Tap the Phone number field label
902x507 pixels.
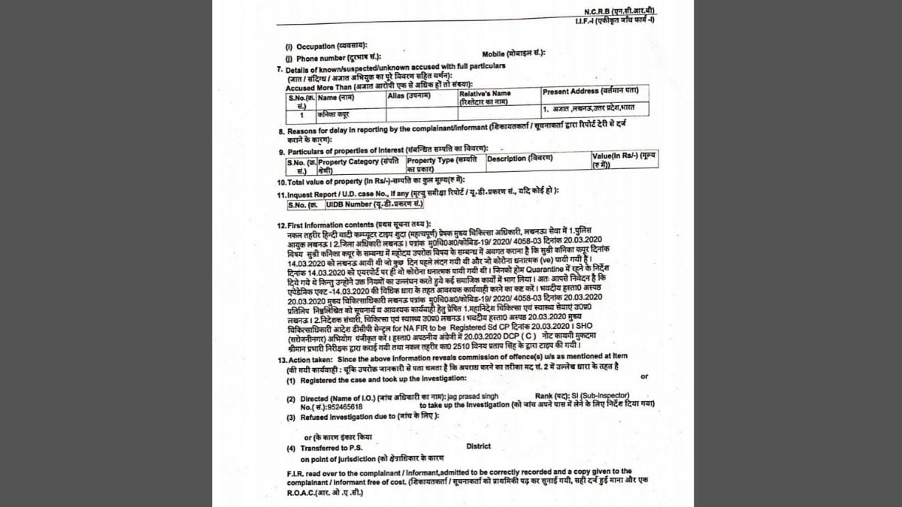315,56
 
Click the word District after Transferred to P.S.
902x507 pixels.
478,446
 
